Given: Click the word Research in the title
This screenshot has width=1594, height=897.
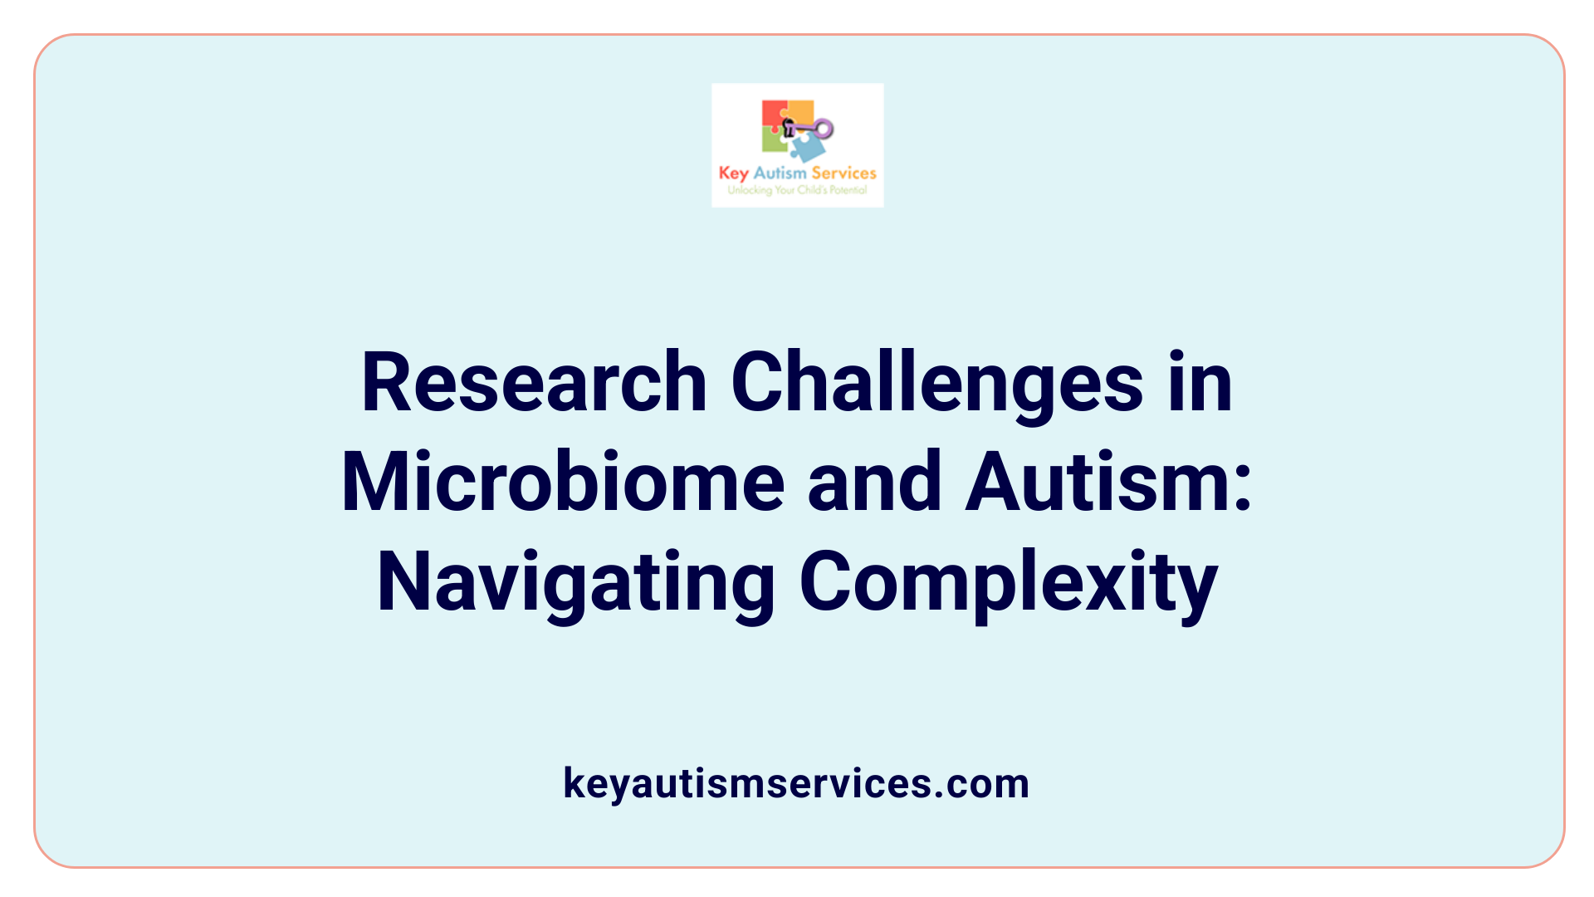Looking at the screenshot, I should pos(534,383).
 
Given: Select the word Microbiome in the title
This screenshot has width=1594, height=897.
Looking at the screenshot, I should pos(563,483).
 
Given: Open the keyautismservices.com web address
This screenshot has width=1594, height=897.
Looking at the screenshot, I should pos(796,783).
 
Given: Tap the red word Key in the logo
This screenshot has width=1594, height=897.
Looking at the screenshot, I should pos(734,174).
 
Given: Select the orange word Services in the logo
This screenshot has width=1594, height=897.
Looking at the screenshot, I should pos(843,173).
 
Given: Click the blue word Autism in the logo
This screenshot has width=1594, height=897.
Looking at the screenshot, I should pos(780,173).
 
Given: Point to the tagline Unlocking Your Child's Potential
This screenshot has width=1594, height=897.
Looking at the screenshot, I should pos(797,190).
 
